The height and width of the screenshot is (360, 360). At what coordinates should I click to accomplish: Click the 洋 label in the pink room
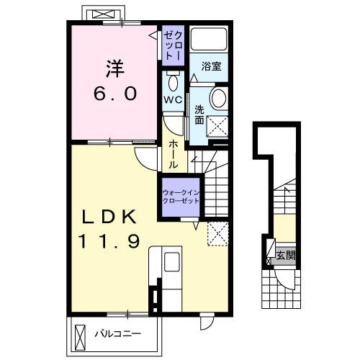pyautogui.click(x=115, y=69)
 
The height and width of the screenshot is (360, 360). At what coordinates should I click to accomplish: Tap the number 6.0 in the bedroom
pyautogui.click(x=115, y=94)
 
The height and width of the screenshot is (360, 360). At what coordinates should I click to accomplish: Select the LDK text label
pyautogui.click(x=109, y=217)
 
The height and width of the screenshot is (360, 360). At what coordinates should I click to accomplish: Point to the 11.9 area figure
pyautogui.click(x=109, y=241)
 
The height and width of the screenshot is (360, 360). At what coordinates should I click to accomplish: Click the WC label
pyautogui.click(x=173, y=100)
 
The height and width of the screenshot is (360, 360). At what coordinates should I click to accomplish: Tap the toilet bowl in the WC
pyautogui.click(x=173, y=82)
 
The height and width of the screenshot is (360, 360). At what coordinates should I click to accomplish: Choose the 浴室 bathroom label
pyautogui.click(x=211, y=66)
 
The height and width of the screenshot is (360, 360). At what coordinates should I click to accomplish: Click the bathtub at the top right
pyautogui.click(x=209, y=39)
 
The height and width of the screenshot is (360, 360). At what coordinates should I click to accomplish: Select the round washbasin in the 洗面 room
pyautogui.click(x=219, y=98)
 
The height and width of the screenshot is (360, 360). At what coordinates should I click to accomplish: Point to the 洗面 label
pyautogui.click(x=199, y=115)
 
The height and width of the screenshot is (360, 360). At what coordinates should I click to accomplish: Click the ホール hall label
pyautogui.click(x=173, y=154)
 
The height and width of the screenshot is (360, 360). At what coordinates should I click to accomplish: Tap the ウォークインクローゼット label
pyautogui.click(x=181, y=197)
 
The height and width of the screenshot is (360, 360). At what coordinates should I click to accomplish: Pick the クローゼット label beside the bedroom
pyautogui.click(x=173, y=45)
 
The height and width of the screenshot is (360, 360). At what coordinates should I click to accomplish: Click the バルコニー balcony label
pyautogui.click(x=117, y=334)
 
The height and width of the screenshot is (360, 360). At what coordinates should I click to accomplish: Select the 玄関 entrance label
pyautogui.click(x=286, y=256)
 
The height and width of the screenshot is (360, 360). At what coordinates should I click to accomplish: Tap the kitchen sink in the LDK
pyautogui.click(x=172, y=261)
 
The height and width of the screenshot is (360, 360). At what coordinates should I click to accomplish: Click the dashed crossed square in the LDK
pyautogui.click(x=217, y=234)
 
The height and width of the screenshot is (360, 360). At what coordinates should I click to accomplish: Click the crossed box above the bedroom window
pyautogui.click(x=103, y=14)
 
